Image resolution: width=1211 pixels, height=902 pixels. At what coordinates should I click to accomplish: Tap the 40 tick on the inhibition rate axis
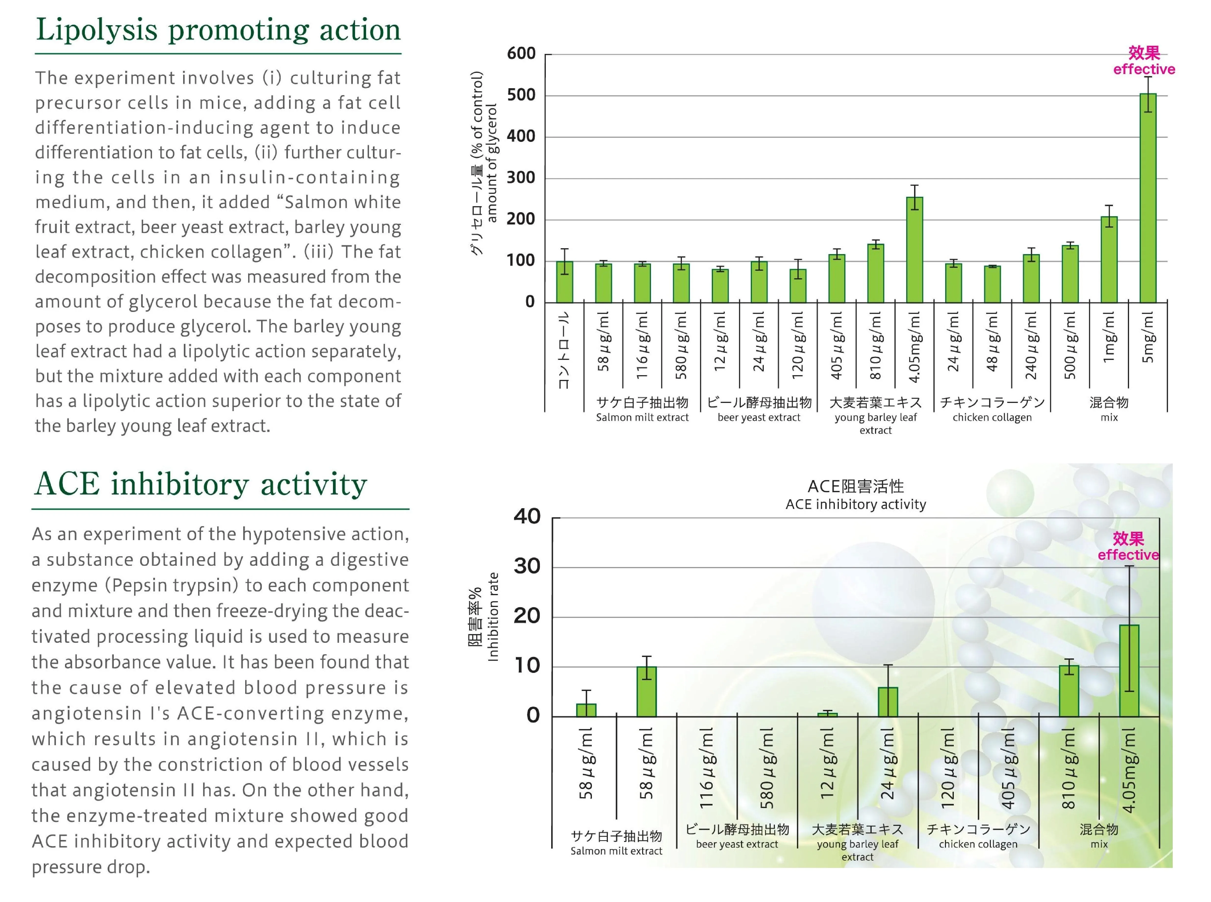click(x=527, y=517)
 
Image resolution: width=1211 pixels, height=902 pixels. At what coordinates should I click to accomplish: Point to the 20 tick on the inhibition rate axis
click(x=527, y=616)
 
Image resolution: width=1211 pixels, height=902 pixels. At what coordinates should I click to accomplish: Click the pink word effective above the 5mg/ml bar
click(x=1144, y=69)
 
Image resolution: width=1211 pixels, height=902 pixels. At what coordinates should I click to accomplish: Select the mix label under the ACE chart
click(x=1099, y=844)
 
